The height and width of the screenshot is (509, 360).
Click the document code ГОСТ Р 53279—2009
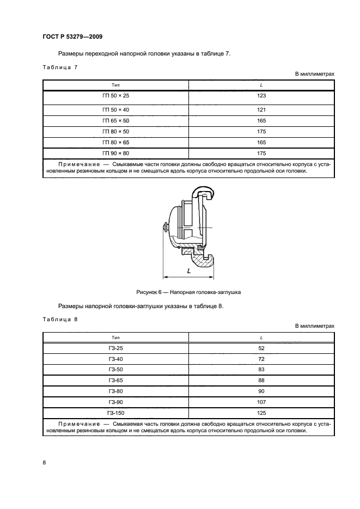coord(72,37)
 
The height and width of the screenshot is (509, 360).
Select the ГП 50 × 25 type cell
coord(115,96)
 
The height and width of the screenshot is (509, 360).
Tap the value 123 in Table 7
coord(261,96)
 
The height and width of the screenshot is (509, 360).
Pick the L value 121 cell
coord(261,109)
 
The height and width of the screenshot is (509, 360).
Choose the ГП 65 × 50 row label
coord(115,120)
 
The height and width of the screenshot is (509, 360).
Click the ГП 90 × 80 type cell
coord(115,153)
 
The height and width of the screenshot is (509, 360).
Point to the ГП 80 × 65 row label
coord(115,142)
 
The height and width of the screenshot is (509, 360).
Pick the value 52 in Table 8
coord(261,348)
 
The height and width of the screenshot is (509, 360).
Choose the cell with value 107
coord(261,402)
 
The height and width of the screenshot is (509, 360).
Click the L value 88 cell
coord(261,381)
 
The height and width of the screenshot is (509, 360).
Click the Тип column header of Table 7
coord(115,85)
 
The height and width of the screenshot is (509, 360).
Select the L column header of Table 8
coord(261,337)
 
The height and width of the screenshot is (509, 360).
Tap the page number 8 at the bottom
coord(44,463)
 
